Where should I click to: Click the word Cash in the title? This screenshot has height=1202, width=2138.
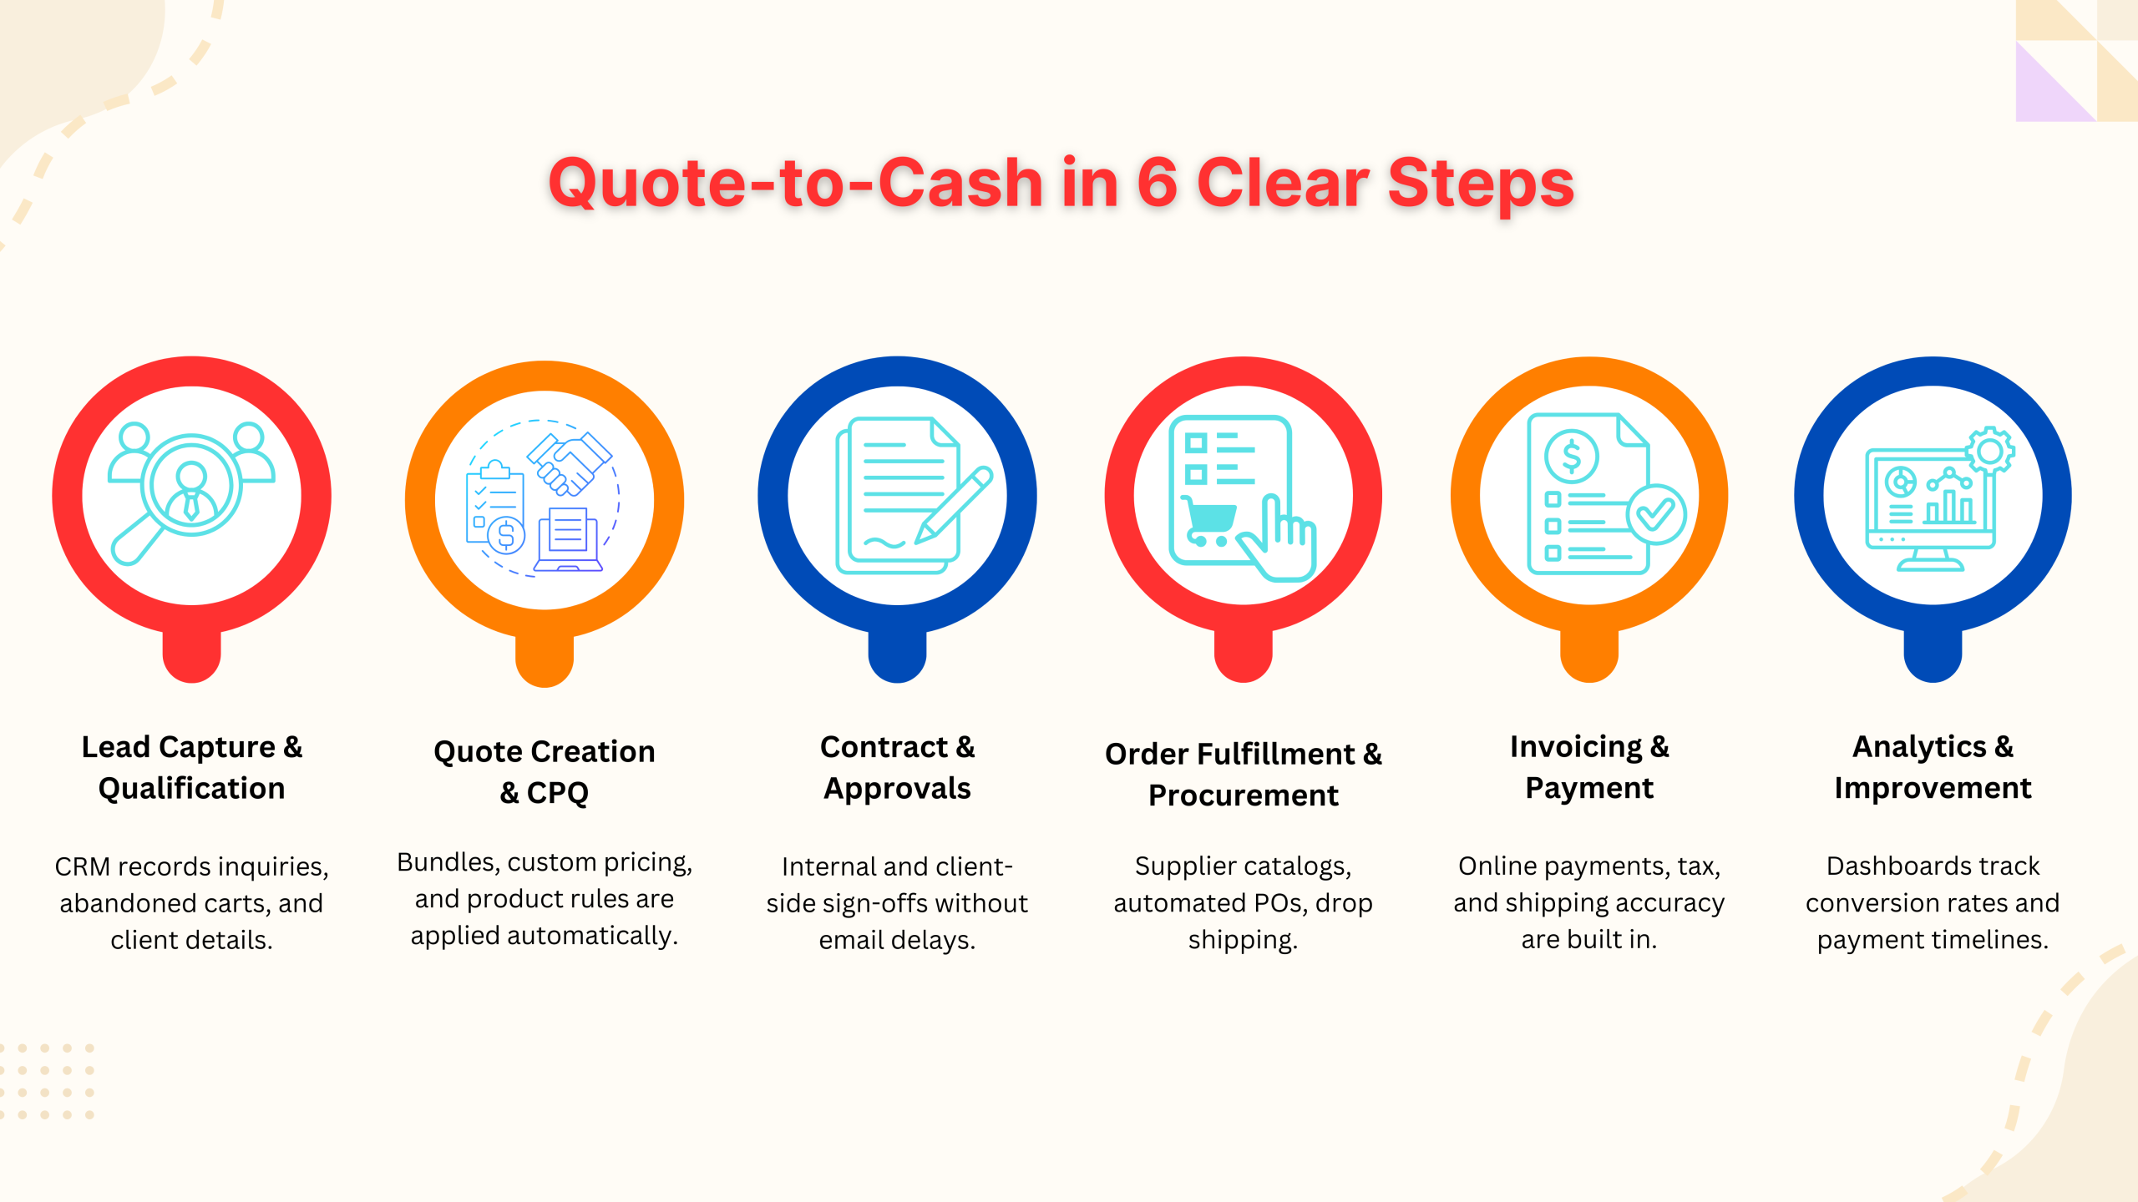(960, 184)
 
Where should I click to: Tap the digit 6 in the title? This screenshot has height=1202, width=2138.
(1157, 184)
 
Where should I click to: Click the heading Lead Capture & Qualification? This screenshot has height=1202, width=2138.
(191, 767)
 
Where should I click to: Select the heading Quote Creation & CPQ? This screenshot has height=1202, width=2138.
(545, 771)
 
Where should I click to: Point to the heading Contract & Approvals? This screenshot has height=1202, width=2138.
(897, 767)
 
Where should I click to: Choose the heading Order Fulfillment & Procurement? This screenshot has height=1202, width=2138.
(1243, 774)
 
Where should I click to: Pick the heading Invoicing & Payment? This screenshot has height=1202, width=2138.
(1589, 767)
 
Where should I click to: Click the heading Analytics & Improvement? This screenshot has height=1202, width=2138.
(1933, 767)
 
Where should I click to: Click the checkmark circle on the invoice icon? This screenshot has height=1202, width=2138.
(1655, 514)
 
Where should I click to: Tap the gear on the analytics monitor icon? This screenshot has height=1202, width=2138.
(1990, 451)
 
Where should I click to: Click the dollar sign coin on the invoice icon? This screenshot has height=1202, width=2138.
(1571, 456)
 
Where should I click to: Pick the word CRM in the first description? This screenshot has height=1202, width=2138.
(83, 866)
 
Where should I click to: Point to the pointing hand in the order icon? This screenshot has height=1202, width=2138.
(1281, 543)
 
